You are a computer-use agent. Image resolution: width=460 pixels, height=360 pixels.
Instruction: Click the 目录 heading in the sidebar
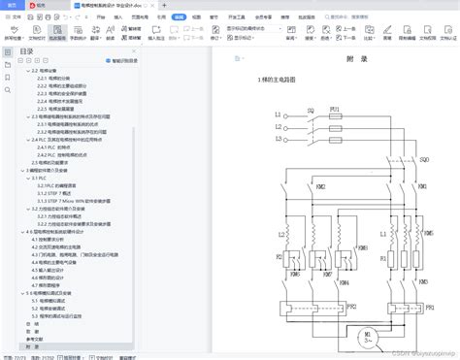(27, 50)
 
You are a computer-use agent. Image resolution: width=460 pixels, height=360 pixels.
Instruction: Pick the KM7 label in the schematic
(327, 274)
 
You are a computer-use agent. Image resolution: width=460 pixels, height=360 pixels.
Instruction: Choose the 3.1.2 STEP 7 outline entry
(59, 192)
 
